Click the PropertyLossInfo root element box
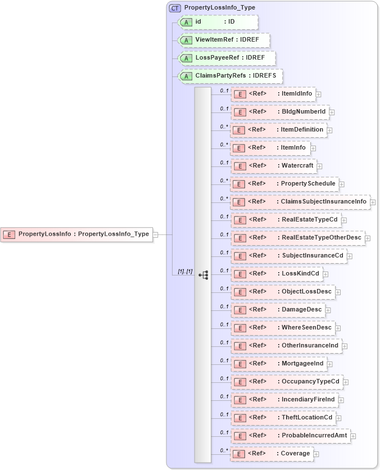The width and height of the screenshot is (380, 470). [78, 234]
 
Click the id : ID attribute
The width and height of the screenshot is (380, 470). [218, 22]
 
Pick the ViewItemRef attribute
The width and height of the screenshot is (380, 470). [224, 40]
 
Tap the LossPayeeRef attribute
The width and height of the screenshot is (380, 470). [227, 58]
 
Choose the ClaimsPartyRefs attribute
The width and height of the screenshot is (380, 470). [230, 76]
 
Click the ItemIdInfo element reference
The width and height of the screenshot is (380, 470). [273, 94]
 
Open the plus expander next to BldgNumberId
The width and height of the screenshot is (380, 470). [332, 112]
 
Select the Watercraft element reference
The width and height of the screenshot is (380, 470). [274, 166]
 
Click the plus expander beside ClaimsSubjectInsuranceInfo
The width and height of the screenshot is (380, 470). [373, 202]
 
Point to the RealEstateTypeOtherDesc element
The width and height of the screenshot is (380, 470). [297, 238]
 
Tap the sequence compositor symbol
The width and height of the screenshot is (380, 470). [203, 275]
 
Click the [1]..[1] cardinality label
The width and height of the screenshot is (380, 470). [185, 272]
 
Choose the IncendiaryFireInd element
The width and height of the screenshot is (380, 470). [284, 400]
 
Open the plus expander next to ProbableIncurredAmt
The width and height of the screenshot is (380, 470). [353, 436]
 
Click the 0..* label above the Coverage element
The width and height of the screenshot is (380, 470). [224, 450]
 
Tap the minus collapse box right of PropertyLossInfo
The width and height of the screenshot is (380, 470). [156, 235]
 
